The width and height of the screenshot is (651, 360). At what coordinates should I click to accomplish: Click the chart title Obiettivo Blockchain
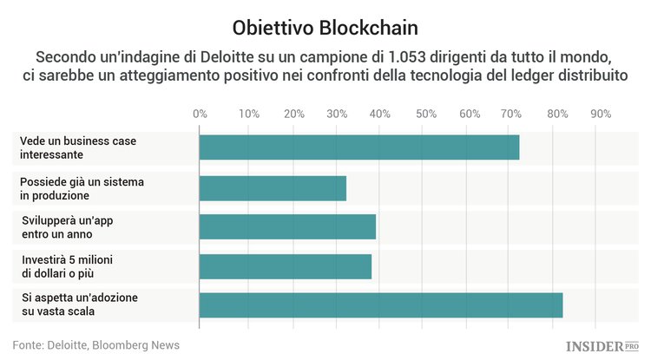tap(325, 25)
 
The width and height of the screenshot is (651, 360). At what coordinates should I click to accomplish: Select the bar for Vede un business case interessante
tap(359, 147)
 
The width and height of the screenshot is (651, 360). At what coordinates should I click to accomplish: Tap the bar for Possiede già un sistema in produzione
tap(273, 188)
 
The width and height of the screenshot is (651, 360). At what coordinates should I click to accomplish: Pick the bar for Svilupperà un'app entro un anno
tap(287, 227)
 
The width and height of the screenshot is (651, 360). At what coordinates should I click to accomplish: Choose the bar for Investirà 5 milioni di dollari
tap(286, 267)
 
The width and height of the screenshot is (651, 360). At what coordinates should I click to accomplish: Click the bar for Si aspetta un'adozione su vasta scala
tap(381, 305)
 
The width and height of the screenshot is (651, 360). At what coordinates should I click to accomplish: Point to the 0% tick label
tap(200, 114)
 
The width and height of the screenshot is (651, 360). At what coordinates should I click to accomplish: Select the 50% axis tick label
tap(425, 114)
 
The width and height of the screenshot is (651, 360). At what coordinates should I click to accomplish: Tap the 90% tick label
tap(601, 114)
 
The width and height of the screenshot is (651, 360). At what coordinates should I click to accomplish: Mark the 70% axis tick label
tap(513, 114)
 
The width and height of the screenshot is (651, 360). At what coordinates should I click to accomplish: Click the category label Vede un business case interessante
tap(79, 147)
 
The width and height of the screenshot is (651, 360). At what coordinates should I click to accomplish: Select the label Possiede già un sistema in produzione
tap(82, 188)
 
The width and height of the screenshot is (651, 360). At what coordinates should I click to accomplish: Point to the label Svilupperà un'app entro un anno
tap(69, 227)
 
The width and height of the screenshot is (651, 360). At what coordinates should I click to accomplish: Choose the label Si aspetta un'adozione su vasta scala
tap(80, 305)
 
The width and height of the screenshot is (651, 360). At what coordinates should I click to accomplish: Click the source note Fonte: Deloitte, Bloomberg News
tap(96, 344)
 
